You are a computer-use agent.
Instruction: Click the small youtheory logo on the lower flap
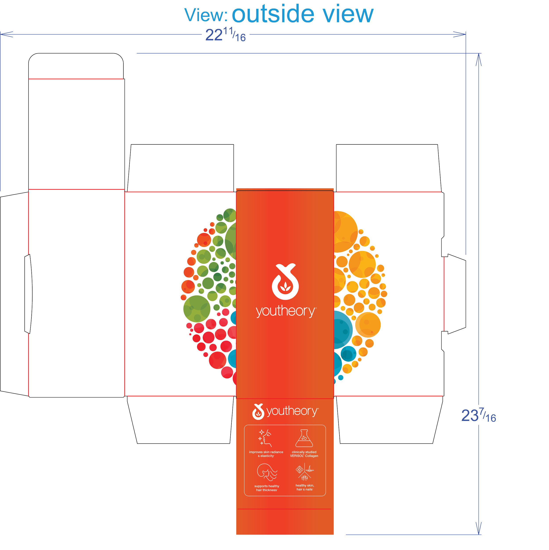tap(285, 411)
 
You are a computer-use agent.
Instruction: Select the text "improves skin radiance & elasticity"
tap(266, 454)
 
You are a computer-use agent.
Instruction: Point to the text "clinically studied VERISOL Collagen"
tap(304, 454)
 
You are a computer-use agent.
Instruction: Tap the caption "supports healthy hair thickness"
tap(267, 488)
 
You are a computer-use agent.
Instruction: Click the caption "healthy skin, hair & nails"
tap(305, 487)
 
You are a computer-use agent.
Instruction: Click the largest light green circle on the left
tap(197, 309)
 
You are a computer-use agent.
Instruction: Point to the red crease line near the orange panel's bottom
tap(284, 509)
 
